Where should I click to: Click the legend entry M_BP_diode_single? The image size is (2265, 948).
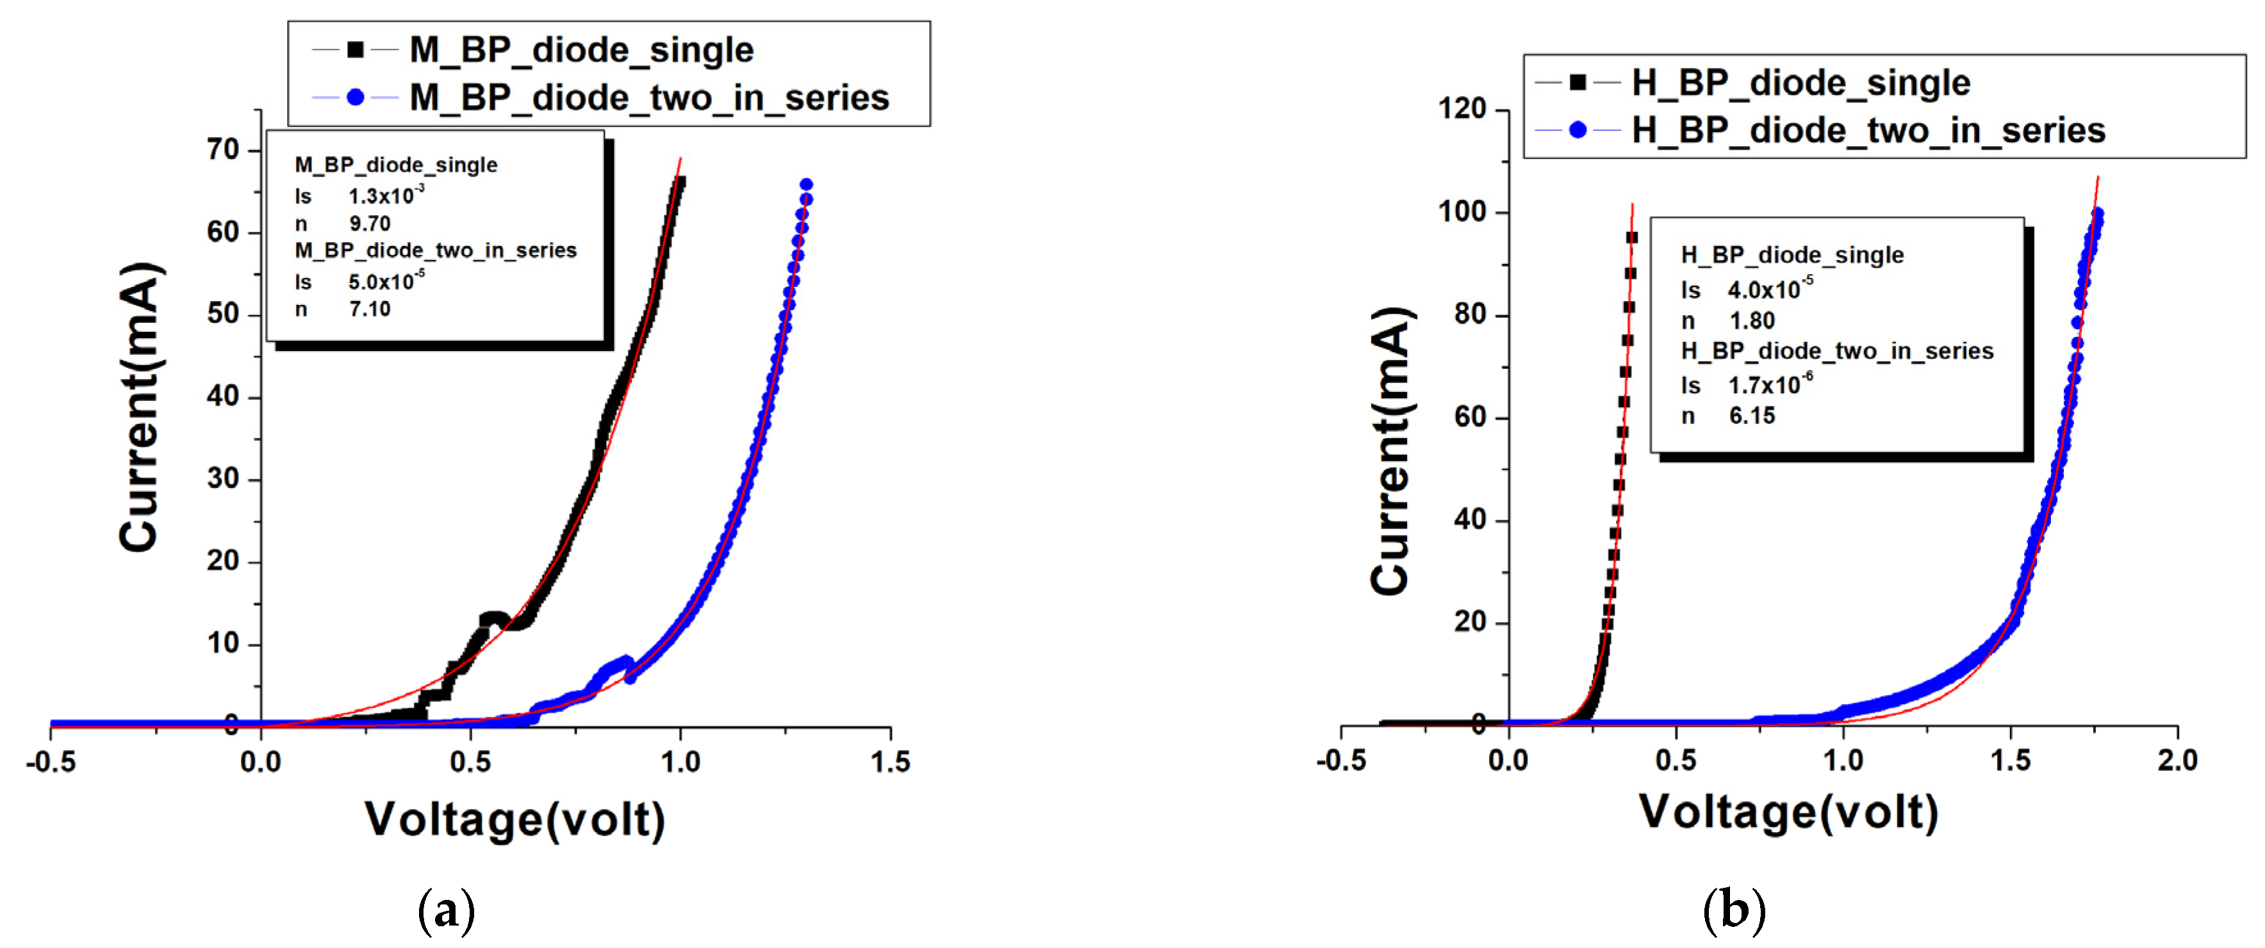(581, 50)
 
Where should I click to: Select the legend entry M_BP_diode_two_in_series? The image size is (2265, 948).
(649, 97)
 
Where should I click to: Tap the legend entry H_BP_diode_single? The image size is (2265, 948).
(1800, 83)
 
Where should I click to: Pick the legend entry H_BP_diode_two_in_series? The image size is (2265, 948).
(1868, 130)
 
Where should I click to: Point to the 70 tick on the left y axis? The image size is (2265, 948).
(224, 151)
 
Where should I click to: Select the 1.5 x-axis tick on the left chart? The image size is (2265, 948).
(891, 762)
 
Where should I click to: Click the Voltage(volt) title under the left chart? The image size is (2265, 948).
(515, 820)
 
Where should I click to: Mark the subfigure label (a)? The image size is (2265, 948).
(447, 911)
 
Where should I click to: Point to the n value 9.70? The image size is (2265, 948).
(369, 224)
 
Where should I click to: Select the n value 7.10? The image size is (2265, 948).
(369, 309)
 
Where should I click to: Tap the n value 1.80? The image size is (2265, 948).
(1752, 320)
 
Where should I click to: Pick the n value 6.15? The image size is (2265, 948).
(1752, 415)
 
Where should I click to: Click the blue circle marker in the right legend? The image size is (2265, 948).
(1577, 130)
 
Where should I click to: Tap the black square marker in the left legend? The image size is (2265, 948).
(355, 50)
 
